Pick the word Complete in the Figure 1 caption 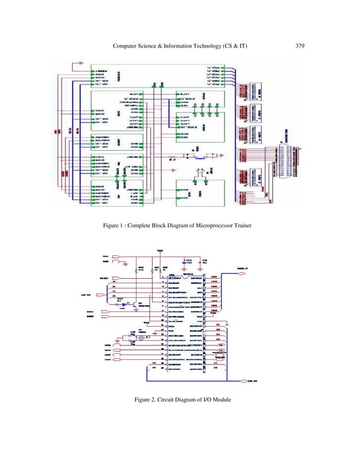144,226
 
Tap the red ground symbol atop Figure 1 81,63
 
